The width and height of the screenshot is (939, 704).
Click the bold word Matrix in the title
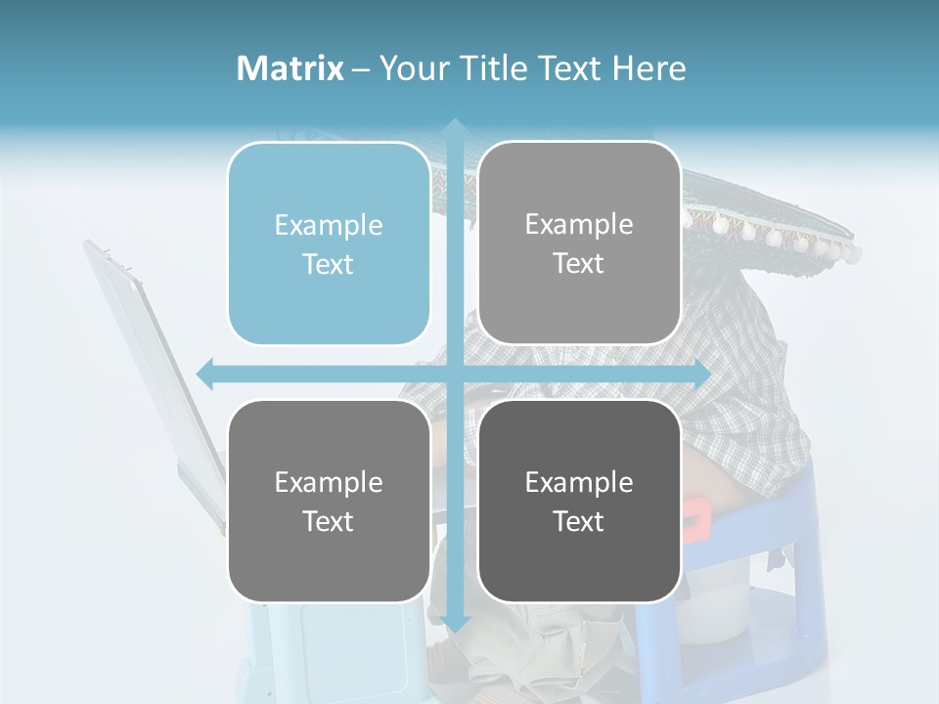(x=291, y=68)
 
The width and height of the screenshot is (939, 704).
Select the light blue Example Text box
(x=329, y=243)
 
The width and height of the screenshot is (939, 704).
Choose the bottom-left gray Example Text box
(x=329, y=501)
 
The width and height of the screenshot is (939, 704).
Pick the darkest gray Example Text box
(x=579, y=501)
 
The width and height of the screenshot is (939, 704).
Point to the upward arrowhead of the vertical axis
(x=454, y=127)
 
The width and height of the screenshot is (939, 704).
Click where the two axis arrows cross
(x=454, y=374)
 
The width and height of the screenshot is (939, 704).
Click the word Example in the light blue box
(x=329, y=225)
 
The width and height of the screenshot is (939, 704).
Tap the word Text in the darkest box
(x=579, y=521)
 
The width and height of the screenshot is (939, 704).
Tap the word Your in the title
(x=412, y=68)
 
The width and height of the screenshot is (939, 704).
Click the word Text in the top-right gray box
(x=579, y=263)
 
